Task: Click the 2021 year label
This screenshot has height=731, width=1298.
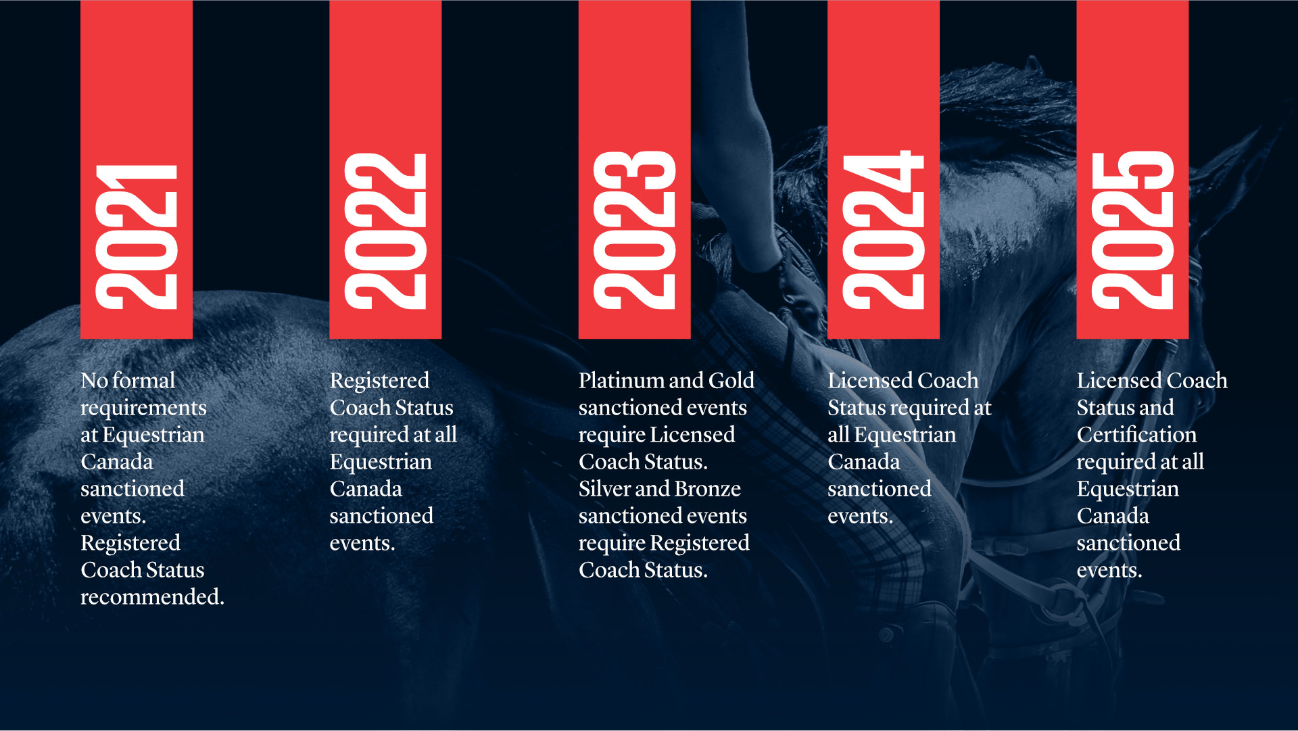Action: [x=137, y=237]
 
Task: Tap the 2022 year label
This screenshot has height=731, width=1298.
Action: [x=385, y=231]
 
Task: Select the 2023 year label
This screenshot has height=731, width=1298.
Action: [x=634, y=230]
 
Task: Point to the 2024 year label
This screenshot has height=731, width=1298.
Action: [x=883, y=230]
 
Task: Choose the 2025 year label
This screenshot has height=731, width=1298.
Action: [x=1132, y=230]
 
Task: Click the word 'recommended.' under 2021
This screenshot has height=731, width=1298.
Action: [x=152, y=597]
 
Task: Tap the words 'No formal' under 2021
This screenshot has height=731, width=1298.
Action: [x=128, y=381]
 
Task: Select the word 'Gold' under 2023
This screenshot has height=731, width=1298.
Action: [x=731, y=381]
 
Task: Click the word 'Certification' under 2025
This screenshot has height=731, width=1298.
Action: [x=1136, y=435]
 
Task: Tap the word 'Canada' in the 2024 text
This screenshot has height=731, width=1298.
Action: [x=864, y=462]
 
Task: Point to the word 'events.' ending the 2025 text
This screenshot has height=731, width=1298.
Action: [x=1109, y=570]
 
